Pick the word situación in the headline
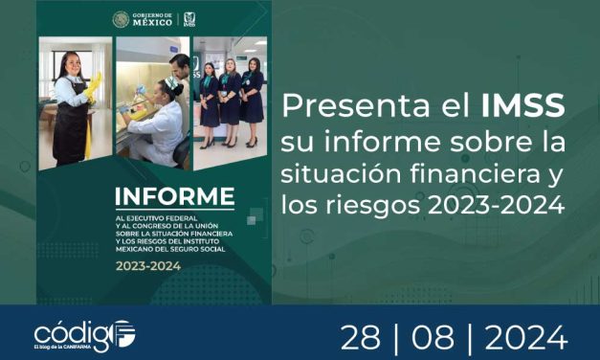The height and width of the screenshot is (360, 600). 336,173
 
